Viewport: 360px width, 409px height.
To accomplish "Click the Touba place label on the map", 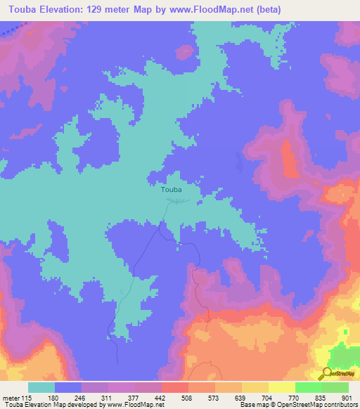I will [171, 190].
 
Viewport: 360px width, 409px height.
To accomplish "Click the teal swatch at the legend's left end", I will [41, 388].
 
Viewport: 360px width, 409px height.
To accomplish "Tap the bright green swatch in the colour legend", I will [308, 388].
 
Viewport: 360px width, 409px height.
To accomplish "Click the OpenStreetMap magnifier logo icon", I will [326, 373].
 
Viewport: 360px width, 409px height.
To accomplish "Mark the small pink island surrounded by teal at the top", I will [185, 52].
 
